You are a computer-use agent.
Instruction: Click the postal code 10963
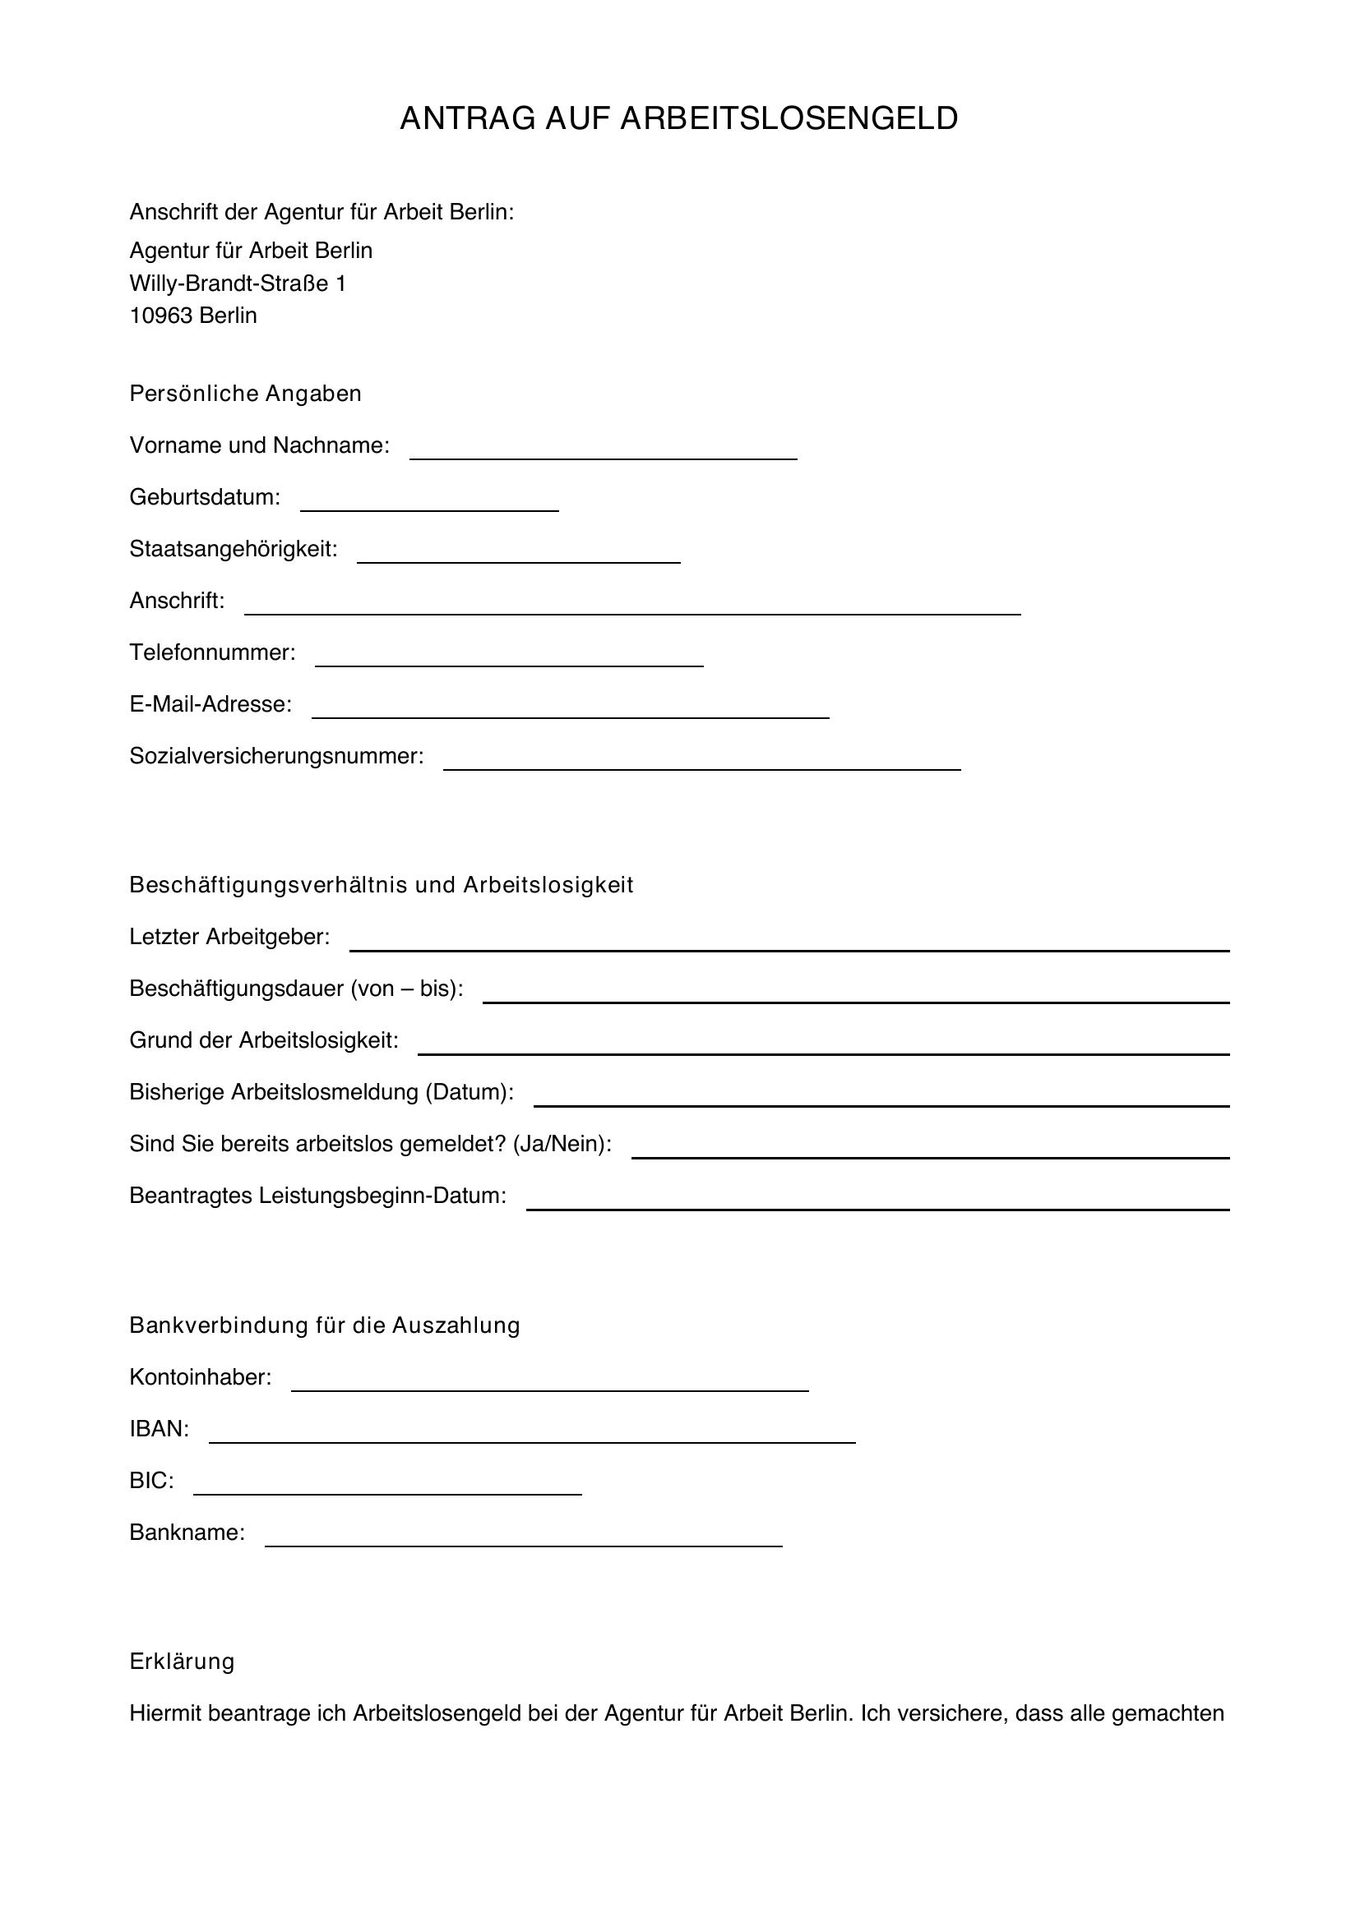tap(161, 316)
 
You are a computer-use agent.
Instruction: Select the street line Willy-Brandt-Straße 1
tap(237, 283)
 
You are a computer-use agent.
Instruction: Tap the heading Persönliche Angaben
tap(245, 394)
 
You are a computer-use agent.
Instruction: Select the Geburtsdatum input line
tap(428, 502)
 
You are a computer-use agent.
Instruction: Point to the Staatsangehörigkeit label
tap(233, 549)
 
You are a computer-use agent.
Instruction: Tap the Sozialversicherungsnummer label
tap(276, 756)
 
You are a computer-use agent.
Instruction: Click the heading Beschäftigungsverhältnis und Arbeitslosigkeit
tap(381, 885)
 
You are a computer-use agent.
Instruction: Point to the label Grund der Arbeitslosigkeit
tap(264, 1039)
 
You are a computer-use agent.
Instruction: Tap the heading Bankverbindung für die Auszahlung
tap(324, 1325)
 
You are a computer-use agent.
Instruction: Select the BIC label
tap(151, 1481)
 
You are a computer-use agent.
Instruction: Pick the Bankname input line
tap(524, 1537)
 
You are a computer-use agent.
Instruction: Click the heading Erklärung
tap(182, 1662)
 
